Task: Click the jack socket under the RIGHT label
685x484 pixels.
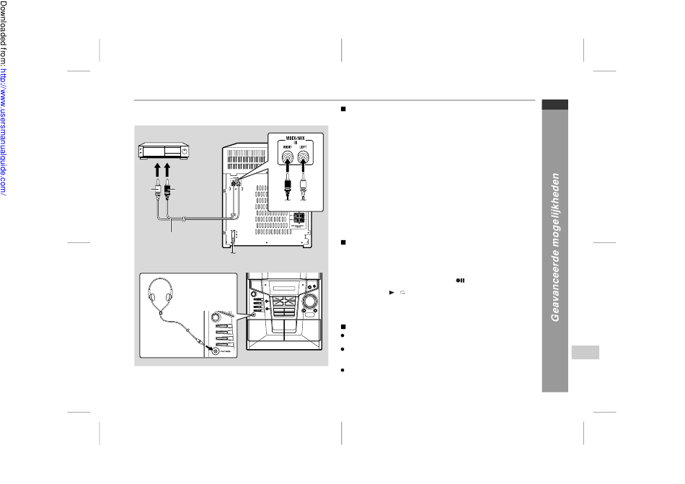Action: [287, 155]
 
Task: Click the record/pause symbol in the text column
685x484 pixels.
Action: [459, 281]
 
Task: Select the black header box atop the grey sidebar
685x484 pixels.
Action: [556, 105]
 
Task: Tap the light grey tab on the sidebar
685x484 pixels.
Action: [588, 353]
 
